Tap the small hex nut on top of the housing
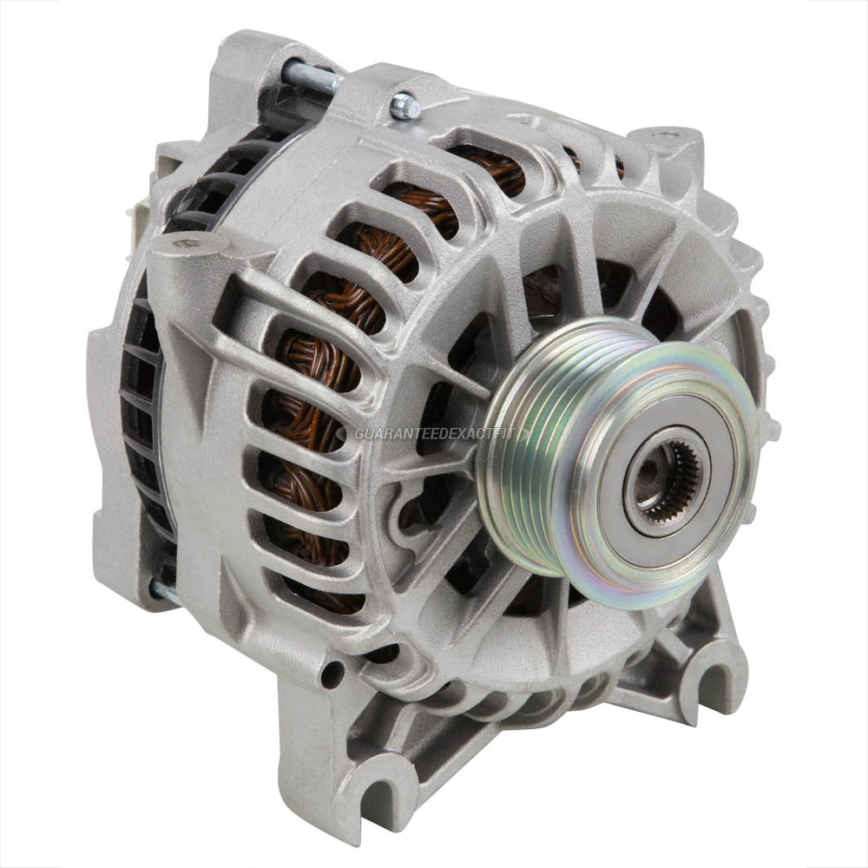[x=405, y=107]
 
